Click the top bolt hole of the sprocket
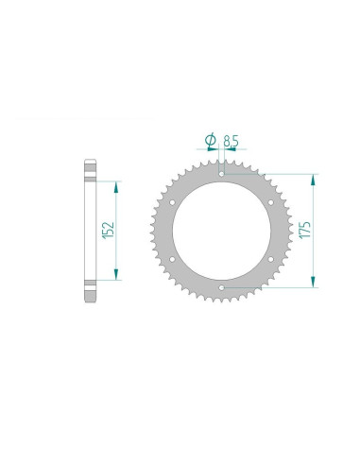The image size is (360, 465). pyautogui.click(x=220, y=173)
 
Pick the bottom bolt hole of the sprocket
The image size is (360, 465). pyautogui.click(x=220, y=285)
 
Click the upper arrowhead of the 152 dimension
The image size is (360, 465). pyautogui.click(x=116, y=185)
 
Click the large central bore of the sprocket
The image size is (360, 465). pyautogui.click(x=220, y=230)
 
